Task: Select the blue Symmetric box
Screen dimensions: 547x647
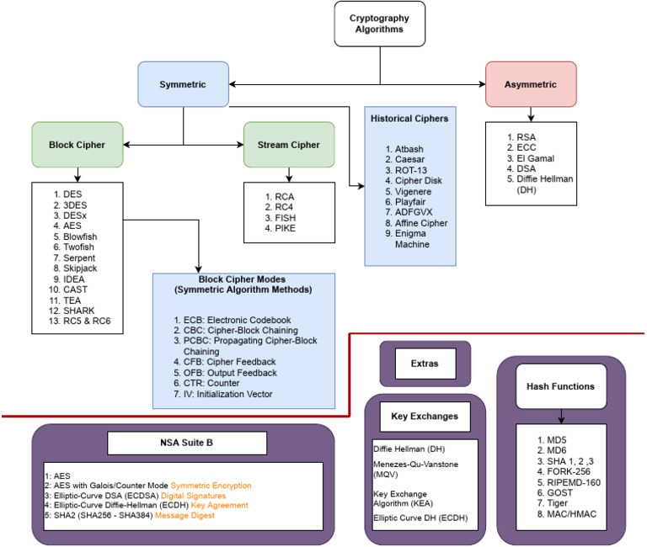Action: (x=183, y=84)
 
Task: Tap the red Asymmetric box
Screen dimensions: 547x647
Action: (x=532, y=84)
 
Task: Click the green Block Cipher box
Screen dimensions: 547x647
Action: (x=78, y=144)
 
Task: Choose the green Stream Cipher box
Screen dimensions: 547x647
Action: (x=288, y=144)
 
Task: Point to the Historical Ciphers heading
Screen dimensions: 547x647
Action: (x=409, y=118)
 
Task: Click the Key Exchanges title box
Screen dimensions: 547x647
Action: (x=425, y=416)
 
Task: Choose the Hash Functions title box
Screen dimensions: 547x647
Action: (x=562, y=386)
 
